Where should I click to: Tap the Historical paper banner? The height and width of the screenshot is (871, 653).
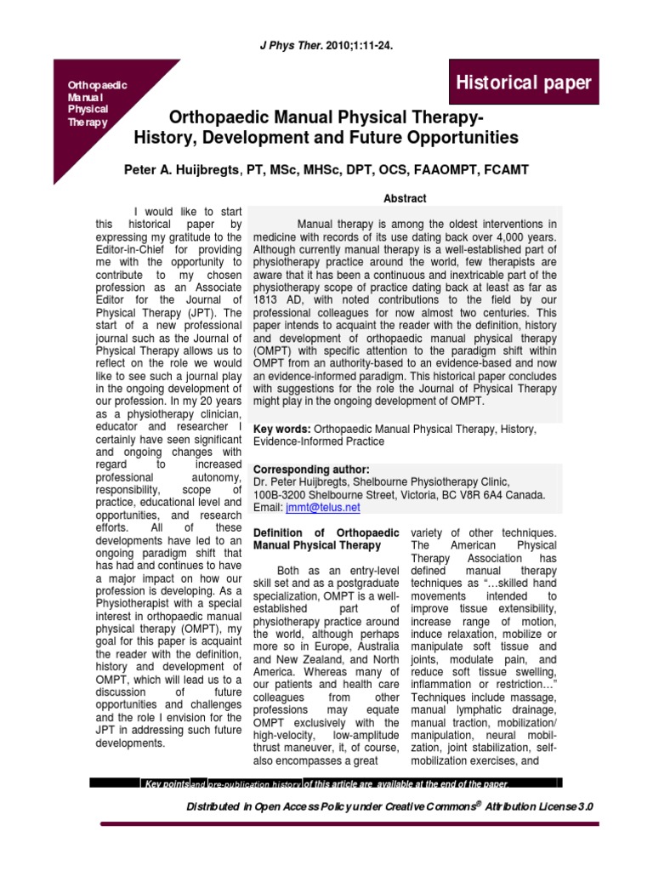coord(525,83)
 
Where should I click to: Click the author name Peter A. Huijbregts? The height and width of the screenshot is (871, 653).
coord(182,170)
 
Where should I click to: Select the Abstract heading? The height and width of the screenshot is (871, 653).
coord(404,198)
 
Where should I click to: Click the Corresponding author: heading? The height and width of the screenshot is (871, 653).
coord(311,469)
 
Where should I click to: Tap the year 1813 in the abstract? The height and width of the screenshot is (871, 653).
coord(268,312)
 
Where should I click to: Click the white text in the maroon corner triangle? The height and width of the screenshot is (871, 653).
coord(88,104)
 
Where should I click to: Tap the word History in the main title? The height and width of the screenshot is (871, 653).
coord(164,137)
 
